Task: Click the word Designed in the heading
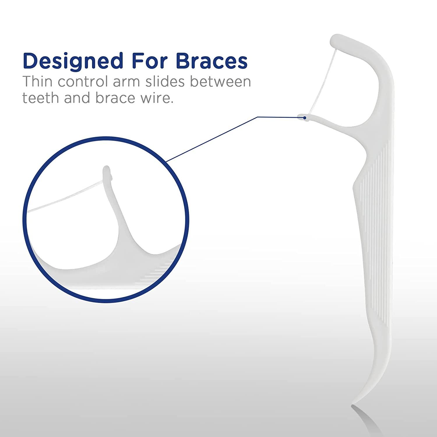tap(73, 61)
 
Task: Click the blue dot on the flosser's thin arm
tap(305, 118)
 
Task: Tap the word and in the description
tap(77, 98)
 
